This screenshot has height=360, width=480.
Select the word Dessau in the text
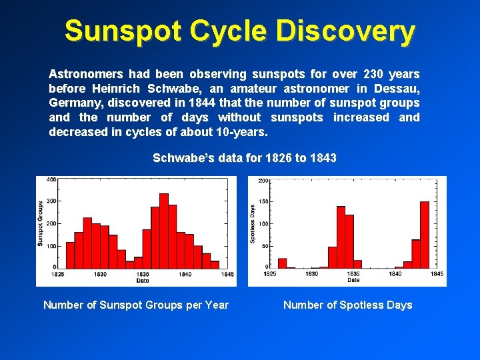coord(399,89)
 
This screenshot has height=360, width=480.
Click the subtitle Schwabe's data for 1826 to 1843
coord(245,158)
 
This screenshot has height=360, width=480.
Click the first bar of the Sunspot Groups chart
coord(70,255)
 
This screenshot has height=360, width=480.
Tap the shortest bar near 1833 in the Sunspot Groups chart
coord(130,263)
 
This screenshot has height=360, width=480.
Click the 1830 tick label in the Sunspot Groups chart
coord(100,274)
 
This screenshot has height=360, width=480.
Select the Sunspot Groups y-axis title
coord(41,223)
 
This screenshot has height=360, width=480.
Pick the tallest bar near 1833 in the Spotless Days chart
coord(341,237)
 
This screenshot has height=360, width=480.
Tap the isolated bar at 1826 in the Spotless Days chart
coord(282,263)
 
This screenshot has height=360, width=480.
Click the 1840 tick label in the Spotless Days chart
coord(395,274)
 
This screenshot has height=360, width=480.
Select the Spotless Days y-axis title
coord(253,223)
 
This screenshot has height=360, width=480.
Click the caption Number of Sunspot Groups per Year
coord(136,305)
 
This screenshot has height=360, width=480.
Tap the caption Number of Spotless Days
coord(347,305)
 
